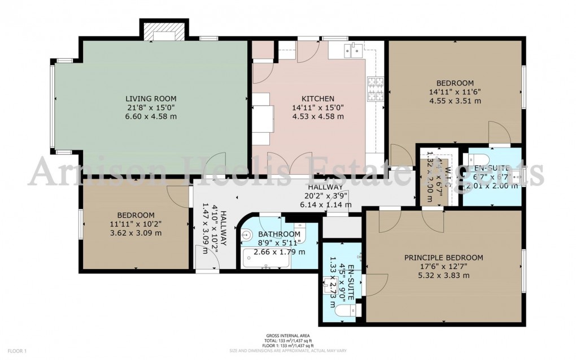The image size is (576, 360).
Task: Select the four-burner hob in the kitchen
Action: (x=376, y=89)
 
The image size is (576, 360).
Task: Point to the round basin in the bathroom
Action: (x=247, y=235)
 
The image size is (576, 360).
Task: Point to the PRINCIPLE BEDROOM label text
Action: (x=435, y=257)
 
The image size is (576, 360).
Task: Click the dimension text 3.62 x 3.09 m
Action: (x=136, y=233)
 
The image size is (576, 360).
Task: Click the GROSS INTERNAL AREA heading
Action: (x=286, y=335)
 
